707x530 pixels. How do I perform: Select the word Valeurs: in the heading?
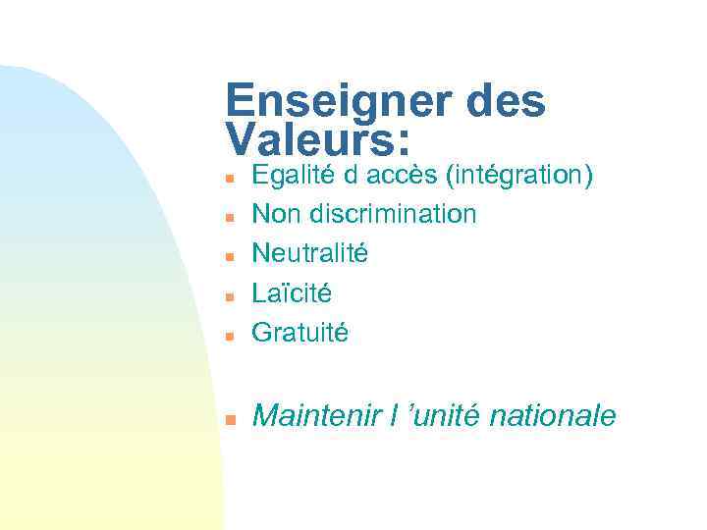coord(317,138)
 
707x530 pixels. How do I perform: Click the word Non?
coord(276,213)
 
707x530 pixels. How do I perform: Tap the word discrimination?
coord(393,213)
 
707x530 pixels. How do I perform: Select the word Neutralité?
coord(310,253)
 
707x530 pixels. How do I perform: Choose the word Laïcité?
coord(292,292)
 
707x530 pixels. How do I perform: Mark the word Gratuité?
coord(299,333)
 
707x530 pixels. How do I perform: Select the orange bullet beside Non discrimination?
coord(228,217)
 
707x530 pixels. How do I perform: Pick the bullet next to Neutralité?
coord(228,256)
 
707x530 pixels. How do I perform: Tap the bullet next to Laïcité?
coord(228,295)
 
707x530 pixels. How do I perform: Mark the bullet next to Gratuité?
coord(228,336)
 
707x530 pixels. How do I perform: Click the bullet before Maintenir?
coord(228,420)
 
